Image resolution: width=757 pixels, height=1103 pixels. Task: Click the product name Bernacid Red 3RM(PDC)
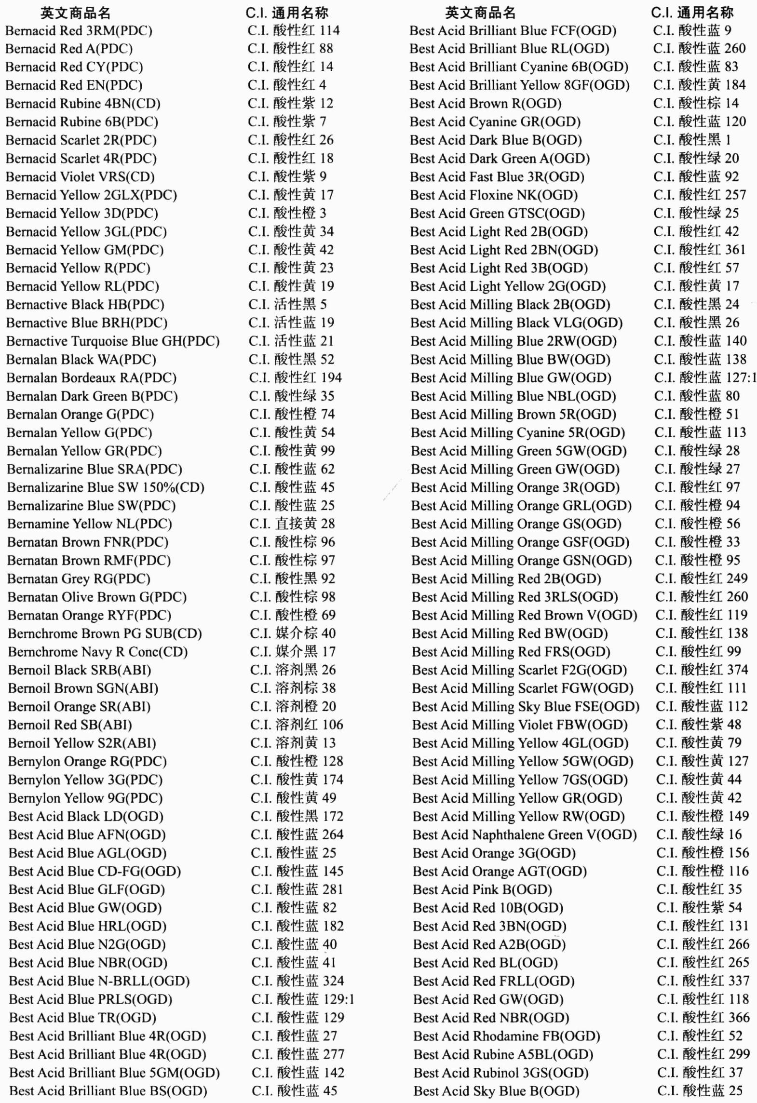[x=79, y=31]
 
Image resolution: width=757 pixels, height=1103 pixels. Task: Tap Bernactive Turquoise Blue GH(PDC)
[x=113, y=341]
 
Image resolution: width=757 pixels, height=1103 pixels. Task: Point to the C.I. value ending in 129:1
[x=302, y=999]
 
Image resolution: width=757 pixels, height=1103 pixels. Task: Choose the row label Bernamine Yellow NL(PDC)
[x=90, y=524]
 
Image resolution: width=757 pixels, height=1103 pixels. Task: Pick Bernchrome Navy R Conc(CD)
[x=98, y=652]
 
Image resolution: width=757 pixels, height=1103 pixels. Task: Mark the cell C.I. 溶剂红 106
[x=296, y=725]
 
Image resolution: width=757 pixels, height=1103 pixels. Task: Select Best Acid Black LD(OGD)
[x=86, y=817]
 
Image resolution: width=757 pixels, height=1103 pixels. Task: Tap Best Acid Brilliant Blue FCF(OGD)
[x=513, y=31]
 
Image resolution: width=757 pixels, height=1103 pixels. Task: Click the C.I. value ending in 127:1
[x=705, y=378]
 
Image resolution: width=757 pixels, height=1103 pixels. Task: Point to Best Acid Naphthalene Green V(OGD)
[x=525, y=835]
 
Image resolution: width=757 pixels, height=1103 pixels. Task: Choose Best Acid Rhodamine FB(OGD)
[x=506, y=1036]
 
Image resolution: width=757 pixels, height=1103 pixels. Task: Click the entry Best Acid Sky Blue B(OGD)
[x=496, y=1091]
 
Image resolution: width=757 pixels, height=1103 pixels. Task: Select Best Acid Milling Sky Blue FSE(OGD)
[x=526, y=707]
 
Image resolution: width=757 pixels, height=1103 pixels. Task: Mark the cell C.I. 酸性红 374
[x=702, y=670]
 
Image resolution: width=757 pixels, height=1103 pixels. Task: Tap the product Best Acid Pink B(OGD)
[x=482, y=890]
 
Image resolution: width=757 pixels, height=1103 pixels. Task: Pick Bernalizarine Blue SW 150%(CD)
[x=106, y=487]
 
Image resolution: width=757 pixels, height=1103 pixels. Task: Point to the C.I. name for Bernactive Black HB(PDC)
[x=287, y=305]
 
